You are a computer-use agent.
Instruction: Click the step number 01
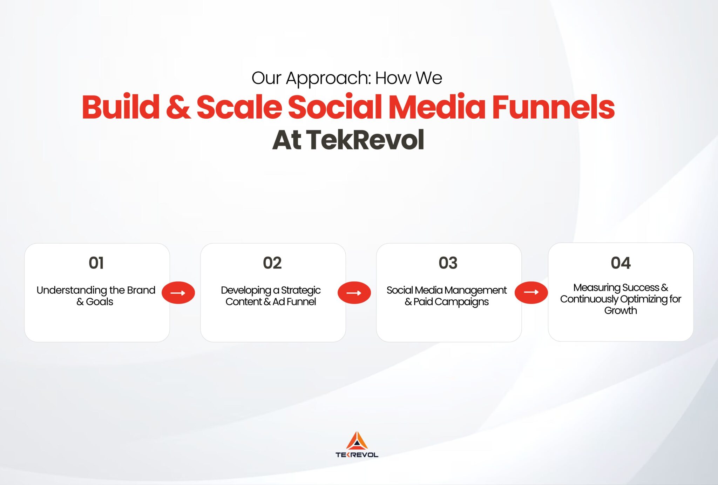pos(96,263)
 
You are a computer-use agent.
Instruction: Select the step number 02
pos(272,263)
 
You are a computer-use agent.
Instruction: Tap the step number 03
pos(448,263)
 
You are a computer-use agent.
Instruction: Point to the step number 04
pos(620,263)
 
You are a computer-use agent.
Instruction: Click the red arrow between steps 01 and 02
pos(178,293)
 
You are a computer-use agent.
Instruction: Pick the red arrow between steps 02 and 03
pos(354,293)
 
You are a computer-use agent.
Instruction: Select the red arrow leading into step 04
pos(531,292)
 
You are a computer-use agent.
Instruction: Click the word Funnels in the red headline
pos(553,107)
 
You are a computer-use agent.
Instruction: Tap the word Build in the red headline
pos(121,107)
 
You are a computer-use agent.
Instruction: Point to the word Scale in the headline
pos(239,107)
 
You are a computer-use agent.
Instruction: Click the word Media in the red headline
pos(437,107)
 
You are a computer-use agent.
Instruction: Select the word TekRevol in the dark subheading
pos(365,140)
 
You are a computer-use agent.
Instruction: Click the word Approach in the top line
pos(328,79)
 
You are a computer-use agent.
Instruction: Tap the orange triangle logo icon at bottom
pos(357,441)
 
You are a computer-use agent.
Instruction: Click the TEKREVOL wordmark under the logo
pos(357,455)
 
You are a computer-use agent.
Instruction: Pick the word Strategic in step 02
pos(300,291)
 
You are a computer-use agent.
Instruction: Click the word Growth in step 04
pos(620,311)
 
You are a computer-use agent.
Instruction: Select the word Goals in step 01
pos(100,302)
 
